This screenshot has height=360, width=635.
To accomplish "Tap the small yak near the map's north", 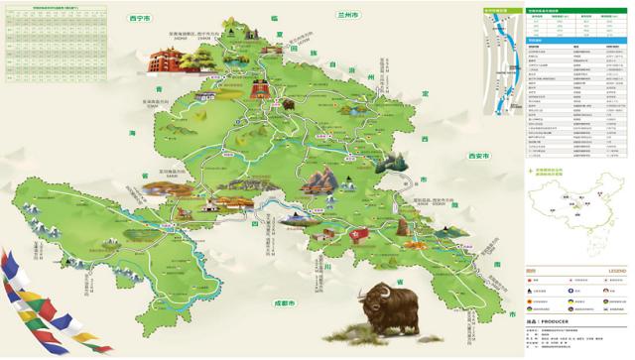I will pos(288,102).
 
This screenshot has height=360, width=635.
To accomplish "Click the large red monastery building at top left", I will pos(173,59).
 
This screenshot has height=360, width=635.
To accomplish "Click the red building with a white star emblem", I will pos(355,234).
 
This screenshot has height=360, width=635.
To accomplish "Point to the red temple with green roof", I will pos(260,92).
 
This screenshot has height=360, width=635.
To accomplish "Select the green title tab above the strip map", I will pos(503,10).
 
